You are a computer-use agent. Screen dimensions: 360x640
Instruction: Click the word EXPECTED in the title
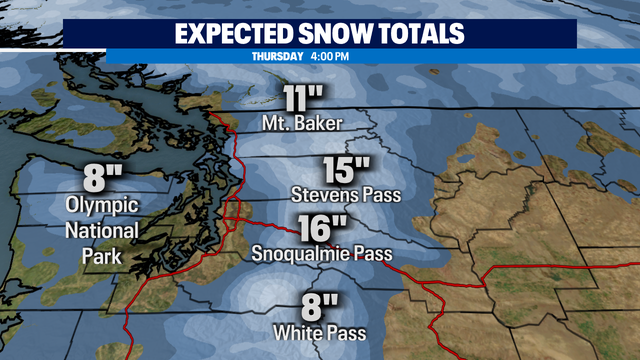pos(239,33)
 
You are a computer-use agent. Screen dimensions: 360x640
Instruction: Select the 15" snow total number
pos(347,168)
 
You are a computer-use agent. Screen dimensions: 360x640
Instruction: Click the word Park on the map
pos(102,256)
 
